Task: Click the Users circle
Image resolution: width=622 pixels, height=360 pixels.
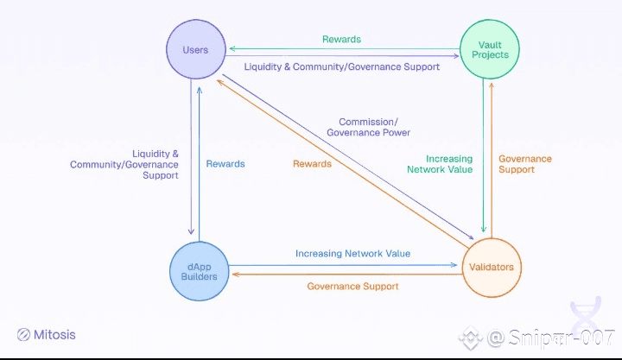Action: [x=196, y=49]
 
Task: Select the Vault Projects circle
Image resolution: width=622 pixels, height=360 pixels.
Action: [x=490, y=49]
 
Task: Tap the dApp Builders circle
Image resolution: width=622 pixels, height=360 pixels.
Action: [x=200, y=271]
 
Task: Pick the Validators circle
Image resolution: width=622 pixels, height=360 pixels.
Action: [x=492, y=268]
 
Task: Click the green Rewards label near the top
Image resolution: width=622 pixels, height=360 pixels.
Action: [x=341, y=39]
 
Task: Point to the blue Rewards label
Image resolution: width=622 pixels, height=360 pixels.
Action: [x=225, y=164]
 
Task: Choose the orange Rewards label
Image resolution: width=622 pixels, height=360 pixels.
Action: [x=312, y=164]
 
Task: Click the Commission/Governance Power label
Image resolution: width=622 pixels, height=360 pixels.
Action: [x=369, y=127]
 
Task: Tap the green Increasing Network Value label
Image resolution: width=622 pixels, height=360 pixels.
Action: [x=440, y=164]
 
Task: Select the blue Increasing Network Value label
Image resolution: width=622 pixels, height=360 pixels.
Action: [x=353, y=253]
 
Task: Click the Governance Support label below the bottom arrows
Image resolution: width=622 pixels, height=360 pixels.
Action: [x=352, y=287]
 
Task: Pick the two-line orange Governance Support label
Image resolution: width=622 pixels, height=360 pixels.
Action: [x=525, y=164]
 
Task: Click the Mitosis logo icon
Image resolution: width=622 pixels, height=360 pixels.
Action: [x=23, y=335]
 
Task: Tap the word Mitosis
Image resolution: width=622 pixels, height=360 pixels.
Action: [x=54, y=335]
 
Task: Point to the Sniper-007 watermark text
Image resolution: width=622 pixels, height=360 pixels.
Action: [x=551, y=338]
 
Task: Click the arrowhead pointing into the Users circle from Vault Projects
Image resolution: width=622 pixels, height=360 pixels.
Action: [x=232, y=48]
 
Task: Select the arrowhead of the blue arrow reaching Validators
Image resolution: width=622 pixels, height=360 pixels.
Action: [x=454, y=265]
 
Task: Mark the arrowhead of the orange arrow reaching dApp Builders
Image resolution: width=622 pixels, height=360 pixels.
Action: [x=235, y=274]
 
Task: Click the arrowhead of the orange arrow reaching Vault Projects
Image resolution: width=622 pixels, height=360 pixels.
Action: [x=492, y=85]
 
